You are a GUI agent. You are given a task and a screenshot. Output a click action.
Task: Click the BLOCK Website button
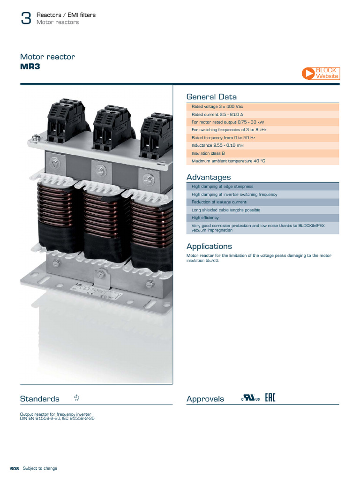coord(321,73)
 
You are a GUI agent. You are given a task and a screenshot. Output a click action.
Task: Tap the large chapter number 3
coord(26,19)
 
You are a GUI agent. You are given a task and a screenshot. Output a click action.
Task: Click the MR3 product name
coord(30,67)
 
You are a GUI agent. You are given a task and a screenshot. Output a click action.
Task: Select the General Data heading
coord(211,97)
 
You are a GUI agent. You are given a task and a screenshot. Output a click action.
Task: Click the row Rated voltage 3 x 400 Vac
coord(262,107)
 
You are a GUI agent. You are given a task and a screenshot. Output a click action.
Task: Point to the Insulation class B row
coord(262,153)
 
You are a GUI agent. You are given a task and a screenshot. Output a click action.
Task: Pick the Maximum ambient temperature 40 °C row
coord(262,161)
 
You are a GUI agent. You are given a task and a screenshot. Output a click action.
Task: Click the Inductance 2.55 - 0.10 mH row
coord(262,145)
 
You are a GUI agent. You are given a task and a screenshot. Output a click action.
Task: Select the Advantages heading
coord(209,177)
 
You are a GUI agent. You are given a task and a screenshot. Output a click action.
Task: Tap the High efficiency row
coord(262,218)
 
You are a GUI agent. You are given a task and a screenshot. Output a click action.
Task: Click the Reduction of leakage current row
coord(262,202)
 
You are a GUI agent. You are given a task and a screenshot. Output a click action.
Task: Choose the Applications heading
coord(209,247)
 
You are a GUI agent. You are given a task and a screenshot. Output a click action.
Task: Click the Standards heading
coord(40,399)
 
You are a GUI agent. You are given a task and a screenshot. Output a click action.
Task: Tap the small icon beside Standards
coord(77,398)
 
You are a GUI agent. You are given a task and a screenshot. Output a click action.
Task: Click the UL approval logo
coord(250,398)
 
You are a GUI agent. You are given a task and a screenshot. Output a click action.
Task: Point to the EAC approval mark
coord(270,398)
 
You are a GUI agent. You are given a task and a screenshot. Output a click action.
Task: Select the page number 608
coord(14,468)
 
